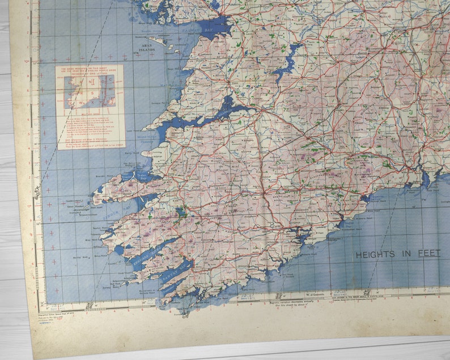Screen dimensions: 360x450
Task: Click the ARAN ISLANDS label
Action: coord(144,48)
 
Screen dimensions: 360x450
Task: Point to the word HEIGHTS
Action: coord(375,255)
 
